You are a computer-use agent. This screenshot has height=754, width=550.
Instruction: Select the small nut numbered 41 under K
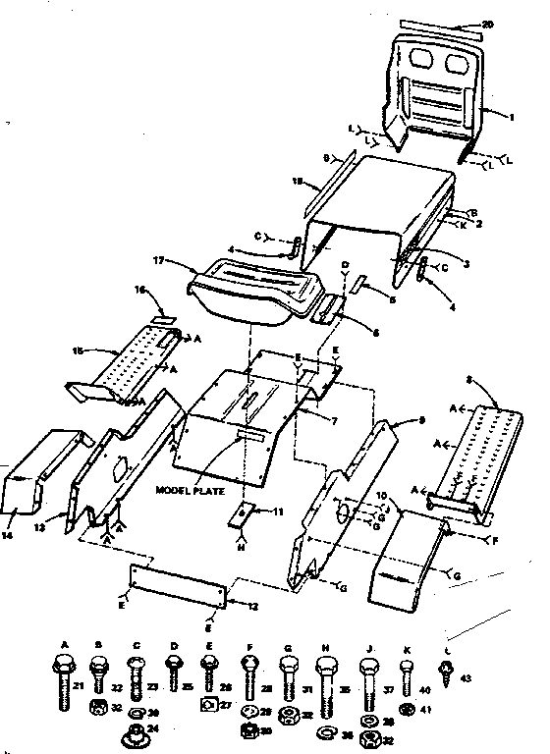(x=405, y=706)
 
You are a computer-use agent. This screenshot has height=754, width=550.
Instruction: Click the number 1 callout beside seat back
(x=512, y=116)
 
